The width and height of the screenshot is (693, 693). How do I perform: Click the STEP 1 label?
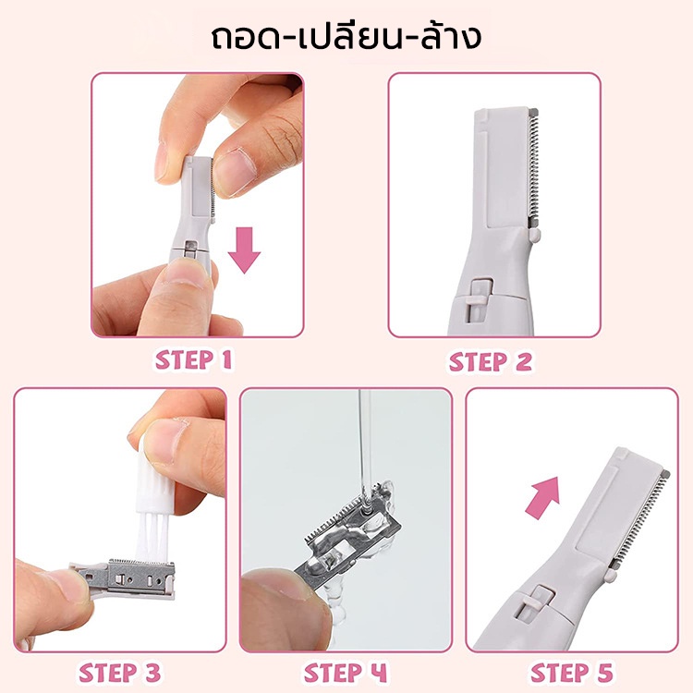pos(194,360)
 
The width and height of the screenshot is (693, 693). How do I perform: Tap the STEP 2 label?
pos(491,362)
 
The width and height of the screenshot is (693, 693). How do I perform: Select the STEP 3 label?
pos(119,673)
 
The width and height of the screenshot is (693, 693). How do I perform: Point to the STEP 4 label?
pos(346,673)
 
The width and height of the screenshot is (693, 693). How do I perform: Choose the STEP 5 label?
pos(572,673)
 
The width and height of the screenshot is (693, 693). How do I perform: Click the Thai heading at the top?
pos(346,37)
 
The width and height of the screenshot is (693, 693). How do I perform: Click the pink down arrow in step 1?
pos(244,250)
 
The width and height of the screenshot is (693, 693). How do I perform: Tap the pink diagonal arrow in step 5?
pos(543,497)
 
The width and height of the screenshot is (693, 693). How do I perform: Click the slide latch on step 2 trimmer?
pos(480,294)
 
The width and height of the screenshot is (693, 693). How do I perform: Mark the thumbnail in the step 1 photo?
pos(234,172)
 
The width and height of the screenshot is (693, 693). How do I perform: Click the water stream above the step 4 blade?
pos(365,446)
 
